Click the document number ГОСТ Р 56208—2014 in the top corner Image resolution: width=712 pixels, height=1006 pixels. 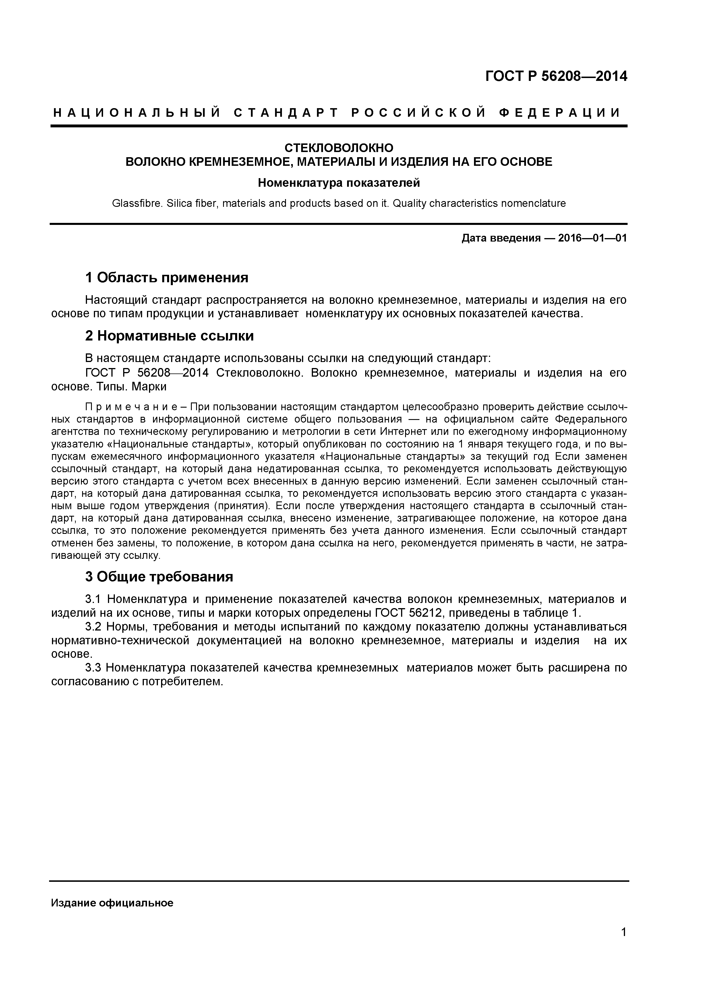[556, 77]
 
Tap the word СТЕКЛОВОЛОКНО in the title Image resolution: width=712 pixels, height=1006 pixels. [339, 148]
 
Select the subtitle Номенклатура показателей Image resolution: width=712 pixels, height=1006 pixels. [339, 183]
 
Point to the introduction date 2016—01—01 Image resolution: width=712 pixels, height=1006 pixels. [592, 238]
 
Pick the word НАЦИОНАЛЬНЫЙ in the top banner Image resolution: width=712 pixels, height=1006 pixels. [136, 113]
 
